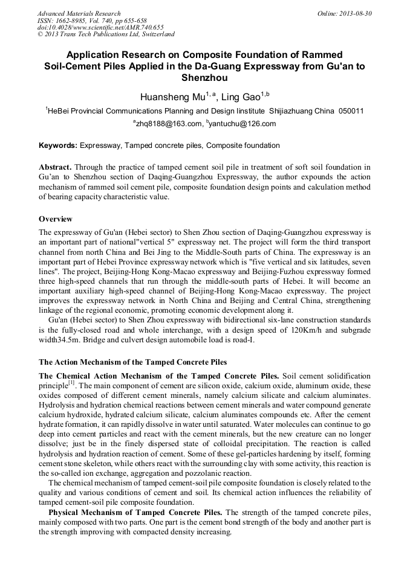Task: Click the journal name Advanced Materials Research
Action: coord(79,13)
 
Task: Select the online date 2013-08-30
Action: coord(353,13)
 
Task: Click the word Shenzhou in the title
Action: coord(205,77)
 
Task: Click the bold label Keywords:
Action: coord(58,146)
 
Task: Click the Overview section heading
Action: coord(56,219)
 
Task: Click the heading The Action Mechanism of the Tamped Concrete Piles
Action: coord(133,362)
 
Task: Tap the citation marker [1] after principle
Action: coord(71,383)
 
